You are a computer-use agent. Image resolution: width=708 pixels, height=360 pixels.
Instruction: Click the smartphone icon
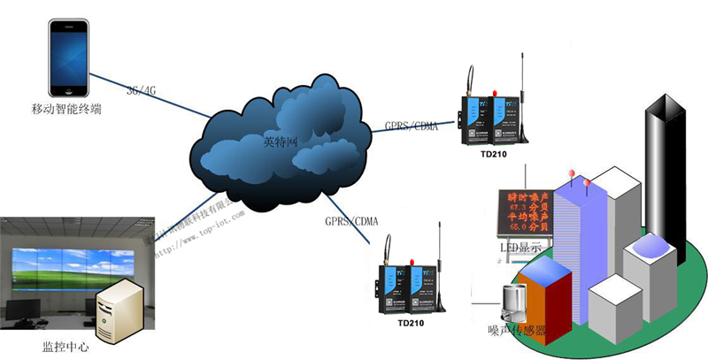tap(71, 59)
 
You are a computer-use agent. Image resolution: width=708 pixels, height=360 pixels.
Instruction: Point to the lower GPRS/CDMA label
tap(351, 220)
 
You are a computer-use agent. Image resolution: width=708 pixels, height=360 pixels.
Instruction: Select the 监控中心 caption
tap(53, 344)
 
